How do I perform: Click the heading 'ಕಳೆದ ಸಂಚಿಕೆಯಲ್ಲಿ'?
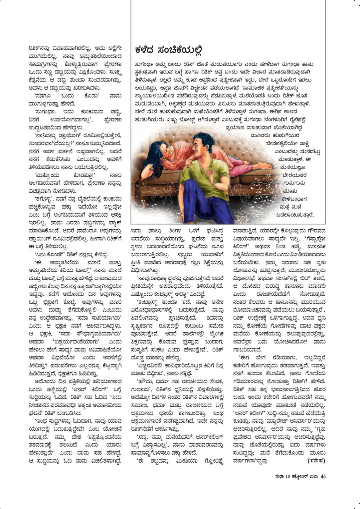pyautogui.click(x=169, y=50)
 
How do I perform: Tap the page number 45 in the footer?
pyautogui.click(x=323, y=476)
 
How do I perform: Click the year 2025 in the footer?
pyautogui.click(x=314, y=476)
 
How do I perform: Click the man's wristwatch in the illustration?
pyautogui.click(x=214, y=183)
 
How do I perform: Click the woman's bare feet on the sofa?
pyautogui.click(x=267, y=166)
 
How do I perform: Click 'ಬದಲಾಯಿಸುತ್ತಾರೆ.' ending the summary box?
pyautogui.click(x=297, y=215)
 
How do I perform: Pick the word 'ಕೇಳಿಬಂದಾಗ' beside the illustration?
pyautogui.click(x=294, y=199)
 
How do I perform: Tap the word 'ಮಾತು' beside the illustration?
pyautogui.click(x=290, y=191)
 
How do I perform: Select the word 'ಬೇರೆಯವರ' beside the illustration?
pyautogui.click(x=294, y=175)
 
